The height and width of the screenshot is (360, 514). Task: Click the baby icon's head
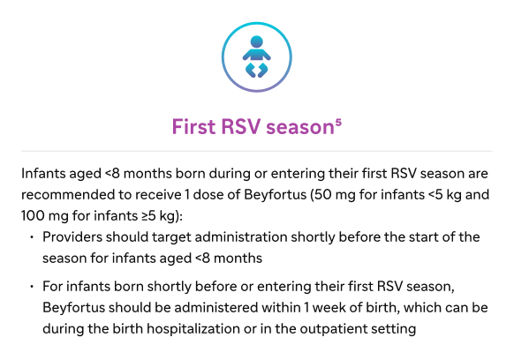click(256, 42)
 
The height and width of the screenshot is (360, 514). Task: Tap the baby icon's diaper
click(257, 71)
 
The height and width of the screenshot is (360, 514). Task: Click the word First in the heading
click(193, 126)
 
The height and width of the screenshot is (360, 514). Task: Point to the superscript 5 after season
click(338, 123)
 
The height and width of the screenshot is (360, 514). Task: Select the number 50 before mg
click(321, 195)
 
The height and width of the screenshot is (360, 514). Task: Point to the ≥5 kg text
click(159, 216)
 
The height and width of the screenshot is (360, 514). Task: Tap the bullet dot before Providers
click(32, 237)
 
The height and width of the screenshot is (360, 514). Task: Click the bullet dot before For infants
click(32, 287)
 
